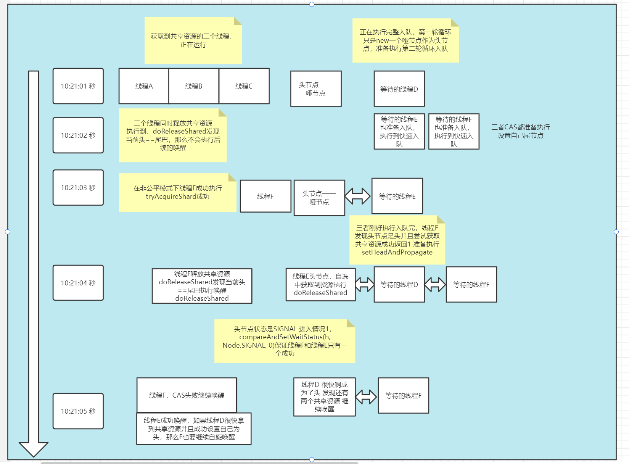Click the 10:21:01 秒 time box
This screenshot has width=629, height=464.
[78, 86]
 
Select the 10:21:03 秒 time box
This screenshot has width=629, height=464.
[78, 188]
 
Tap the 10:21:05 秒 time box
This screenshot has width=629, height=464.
[78, 411]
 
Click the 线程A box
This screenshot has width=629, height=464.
[144, 86]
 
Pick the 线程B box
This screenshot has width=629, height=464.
[194, 86]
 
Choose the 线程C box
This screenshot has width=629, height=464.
[244, 86]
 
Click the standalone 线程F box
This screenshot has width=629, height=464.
[265, 197]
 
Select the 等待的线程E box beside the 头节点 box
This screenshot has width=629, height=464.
[397, 196]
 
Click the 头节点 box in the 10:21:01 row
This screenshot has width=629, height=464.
[316, 89]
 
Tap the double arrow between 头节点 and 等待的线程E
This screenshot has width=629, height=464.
[357, 196]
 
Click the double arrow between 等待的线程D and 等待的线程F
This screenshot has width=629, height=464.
[435, 285]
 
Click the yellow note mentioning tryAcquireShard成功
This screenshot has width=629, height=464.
[177, 193]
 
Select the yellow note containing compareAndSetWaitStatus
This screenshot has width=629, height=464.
[285, 341]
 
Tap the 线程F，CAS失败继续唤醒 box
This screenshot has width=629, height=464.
[187, 395]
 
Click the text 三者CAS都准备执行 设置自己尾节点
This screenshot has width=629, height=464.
[520, 131]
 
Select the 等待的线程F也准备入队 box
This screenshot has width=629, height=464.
[454, 132]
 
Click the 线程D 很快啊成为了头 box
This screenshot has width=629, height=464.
[324, 397]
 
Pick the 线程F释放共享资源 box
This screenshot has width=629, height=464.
[202, 286]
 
